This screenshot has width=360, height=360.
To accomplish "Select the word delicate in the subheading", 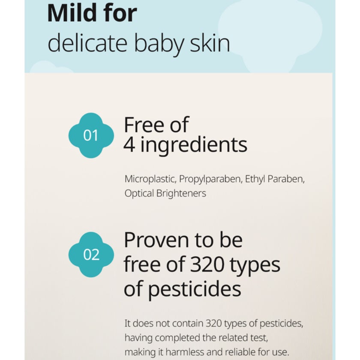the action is pos(87,42).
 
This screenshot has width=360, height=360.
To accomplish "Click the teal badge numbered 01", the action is pos(91,135).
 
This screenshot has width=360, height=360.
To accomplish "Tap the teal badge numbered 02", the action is pos(91,255).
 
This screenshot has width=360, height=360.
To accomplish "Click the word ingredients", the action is pos(194,145).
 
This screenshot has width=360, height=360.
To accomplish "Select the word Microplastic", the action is pos(150,179).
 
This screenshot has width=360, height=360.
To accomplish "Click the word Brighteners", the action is pos(181,193).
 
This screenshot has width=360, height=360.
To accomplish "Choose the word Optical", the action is pos(139,194).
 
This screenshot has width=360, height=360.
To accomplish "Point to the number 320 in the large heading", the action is pos(207,264).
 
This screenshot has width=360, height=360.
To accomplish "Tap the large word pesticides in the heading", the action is pos(194,289).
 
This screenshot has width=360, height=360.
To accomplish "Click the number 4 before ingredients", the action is pos(129,145).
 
